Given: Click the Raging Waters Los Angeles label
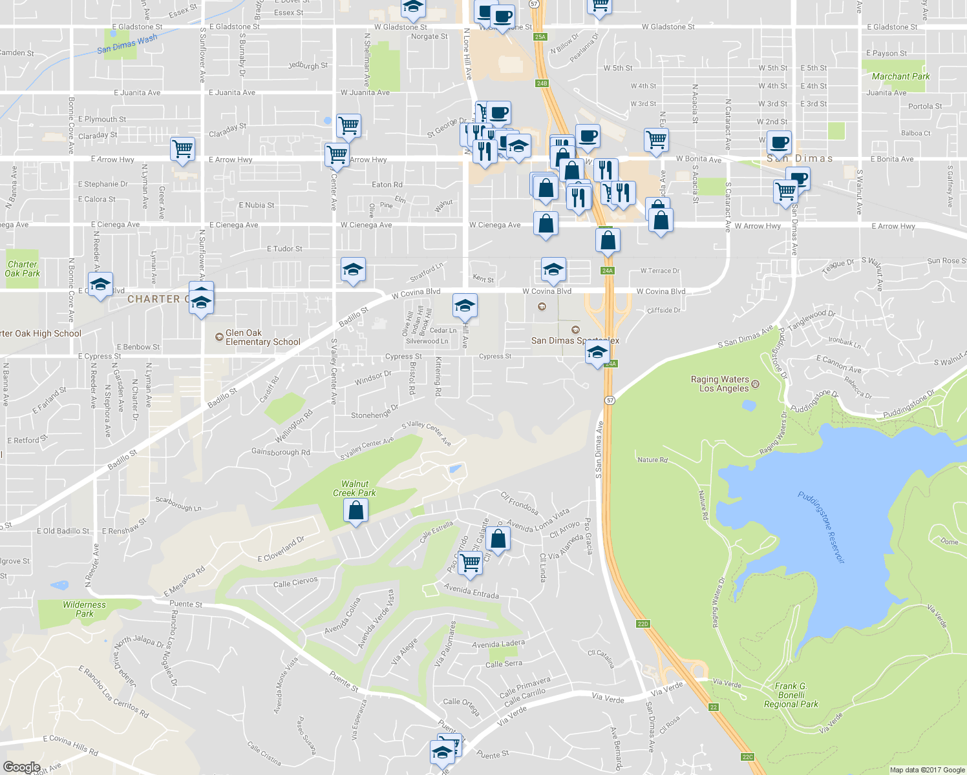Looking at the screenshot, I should [x=719, y=384].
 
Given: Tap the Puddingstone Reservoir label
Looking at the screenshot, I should [x=821, y=527].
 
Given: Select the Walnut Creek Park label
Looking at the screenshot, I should [x=354, y=488].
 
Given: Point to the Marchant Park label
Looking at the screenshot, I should [x=900, y=76].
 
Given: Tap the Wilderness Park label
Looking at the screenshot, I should [x=84, y=609].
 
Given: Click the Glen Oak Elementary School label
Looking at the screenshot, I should [x=262, y=337].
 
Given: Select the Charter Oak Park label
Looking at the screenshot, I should [x=22, y=269].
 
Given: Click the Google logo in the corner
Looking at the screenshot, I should [x=21, y=767].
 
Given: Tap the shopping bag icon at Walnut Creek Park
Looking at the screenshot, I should [x=356, y=511].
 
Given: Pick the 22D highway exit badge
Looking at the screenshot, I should [x=643, y=624].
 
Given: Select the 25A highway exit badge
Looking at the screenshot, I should [x=540, y=37].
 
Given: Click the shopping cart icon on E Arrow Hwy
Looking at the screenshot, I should [x=183, y=148].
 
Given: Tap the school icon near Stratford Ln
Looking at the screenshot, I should [x=353, y=269].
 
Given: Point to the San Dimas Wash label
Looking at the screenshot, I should [x=127, y=44].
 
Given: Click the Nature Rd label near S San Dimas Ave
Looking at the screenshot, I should [x=652, y=460].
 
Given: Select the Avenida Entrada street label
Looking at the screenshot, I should [x=471, y=591].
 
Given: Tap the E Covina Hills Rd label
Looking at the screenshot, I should [x=70, y=745].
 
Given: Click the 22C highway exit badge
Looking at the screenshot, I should [x=747, y=757].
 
